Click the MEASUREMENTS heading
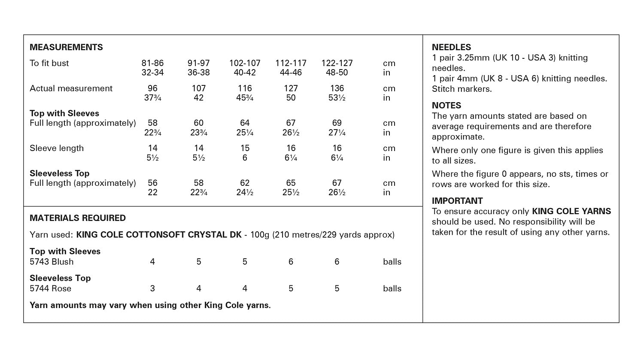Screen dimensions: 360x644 [x=66, y=47]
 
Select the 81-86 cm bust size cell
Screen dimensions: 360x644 [x=152, y=63]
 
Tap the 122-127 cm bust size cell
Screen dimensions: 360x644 [x=337, y=63]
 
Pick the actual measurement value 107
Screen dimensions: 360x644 [x=198, y=88]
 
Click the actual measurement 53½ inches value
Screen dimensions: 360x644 [x=337, y=98]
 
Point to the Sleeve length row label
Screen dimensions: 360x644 [x=57, y=148]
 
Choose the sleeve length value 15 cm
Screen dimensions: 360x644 [x=245, y=148]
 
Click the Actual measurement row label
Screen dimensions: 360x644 [x=71, y=88]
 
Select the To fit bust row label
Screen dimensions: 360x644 [x=49, y=63]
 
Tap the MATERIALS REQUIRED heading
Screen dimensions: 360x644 [x=78, y=218]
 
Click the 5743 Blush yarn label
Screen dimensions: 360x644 [x=52, y=262]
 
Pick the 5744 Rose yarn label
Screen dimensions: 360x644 [x=50, y=288]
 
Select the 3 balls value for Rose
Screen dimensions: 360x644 [x=152, y=288]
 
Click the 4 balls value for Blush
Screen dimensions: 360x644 [x=152, y=262]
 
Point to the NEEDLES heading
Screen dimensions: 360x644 [x=451, y=47]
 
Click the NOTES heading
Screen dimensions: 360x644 [x=447, y=106]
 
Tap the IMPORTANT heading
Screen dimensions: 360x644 [x=457, y=201]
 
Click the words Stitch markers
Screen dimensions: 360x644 [x=462, y=89]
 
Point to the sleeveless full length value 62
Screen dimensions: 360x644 [x=245, y=183]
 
